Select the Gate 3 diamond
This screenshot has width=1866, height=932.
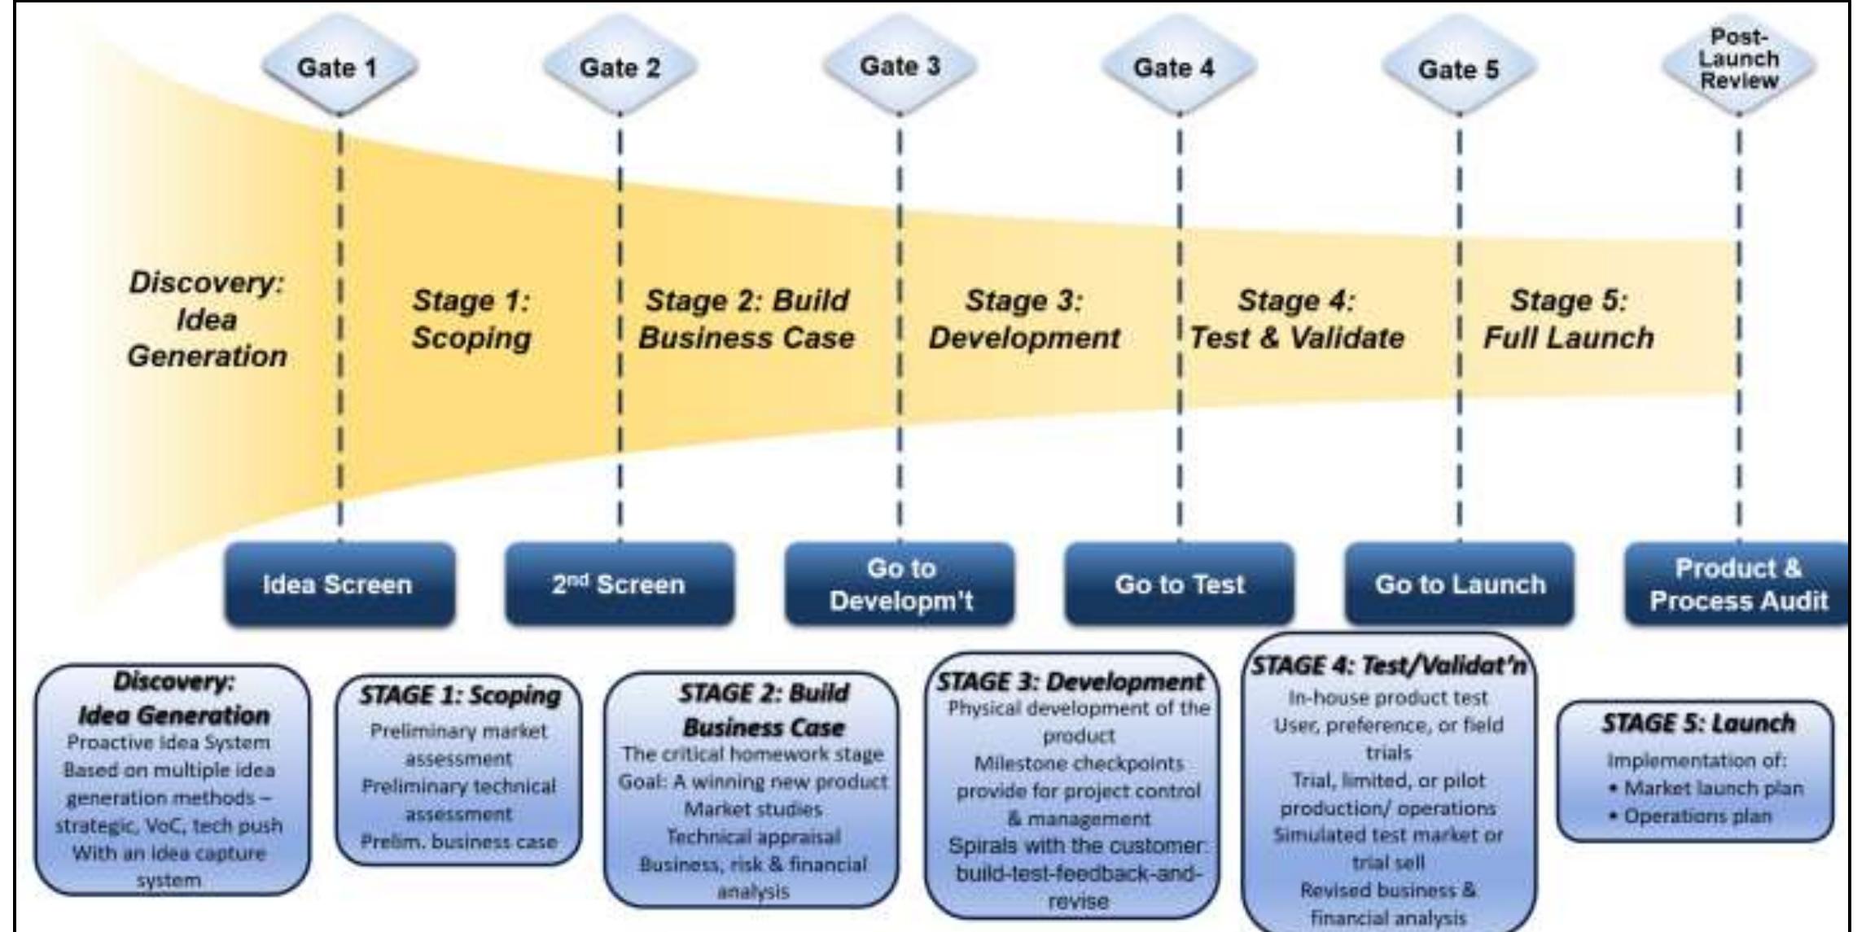tap(900, 66)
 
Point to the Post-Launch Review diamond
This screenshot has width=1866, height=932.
tap(1738, 60)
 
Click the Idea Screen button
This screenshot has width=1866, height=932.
tap(339, 584)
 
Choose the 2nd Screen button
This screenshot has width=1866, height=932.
tap(619, 584)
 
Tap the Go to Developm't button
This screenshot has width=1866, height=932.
tap(900, 584)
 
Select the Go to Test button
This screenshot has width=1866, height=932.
tap(1179, 584)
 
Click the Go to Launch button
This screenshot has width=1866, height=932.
tap(1459, 584)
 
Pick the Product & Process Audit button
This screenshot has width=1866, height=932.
tap(1738, 584)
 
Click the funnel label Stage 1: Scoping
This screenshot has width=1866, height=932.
tap(471, 319)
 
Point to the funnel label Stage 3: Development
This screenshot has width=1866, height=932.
tap(1024, 319)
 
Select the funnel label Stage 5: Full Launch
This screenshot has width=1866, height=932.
tap(1568, 319)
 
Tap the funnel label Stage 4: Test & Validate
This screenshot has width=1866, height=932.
tap(1297, 319)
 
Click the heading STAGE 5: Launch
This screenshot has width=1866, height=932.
tap(1697, 723)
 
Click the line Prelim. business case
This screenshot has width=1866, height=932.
tap(459, 842)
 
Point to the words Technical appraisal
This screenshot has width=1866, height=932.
tap(753, 837)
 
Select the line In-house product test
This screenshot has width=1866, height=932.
tap(1387, 698)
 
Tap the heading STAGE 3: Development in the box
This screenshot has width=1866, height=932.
tap(1070, 682)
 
